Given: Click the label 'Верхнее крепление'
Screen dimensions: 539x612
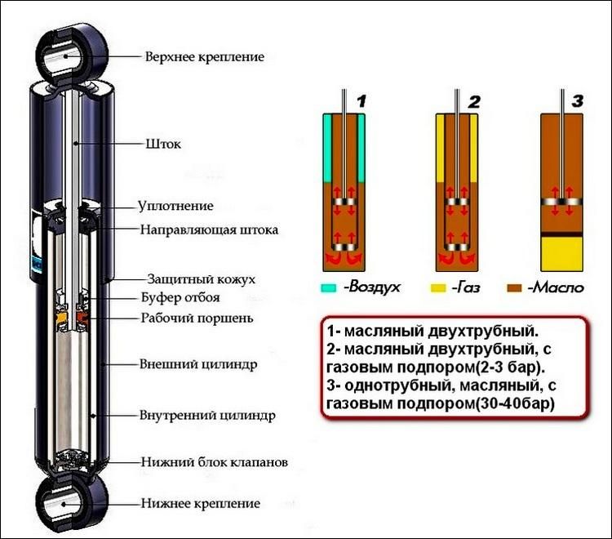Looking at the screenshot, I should tap(205, 57).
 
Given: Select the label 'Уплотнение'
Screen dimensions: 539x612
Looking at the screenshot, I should tap(175, 206).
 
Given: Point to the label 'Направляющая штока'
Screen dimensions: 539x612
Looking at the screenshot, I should tap(209, 229).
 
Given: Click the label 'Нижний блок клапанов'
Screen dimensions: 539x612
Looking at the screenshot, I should tap(213, 462).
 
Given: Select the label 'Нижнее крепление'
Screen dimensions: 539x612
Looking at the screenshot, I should tap(201, 503).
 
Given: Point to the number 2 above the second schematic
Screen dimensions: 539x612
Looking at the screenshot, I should tap(474, 102).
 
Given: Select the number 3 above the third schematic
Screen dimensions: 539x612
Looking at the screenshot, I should tap(578, 102).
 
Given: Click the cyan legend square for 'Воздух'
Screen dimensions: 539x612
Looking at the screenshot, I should tap(328, 288).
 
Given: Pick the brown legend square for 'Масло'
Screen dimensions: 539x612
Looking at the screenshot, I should tap(514, 288).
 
